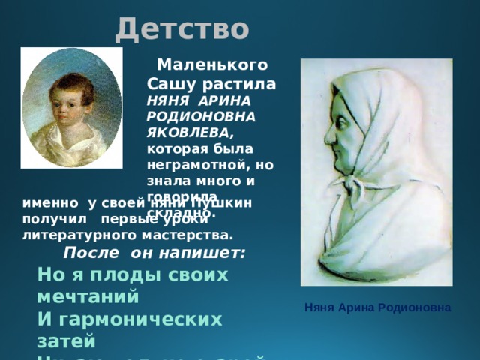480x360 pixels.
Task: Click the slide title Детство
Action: pos(182,28)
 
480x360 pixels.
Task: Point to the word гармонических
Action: pos(143,319)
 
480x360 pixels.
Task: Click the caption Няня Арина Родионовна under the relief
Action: pos(377,307)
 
